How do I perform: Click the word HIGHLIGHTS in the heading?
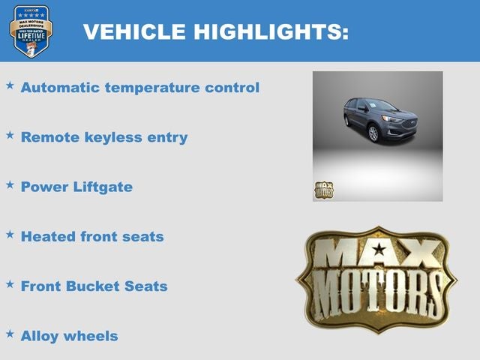pyautogui.click(x=271, y=31)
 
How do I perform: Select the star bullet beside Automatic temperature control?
pyautogui.click(x=10, y=85)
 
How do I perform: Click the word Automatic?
pyautogui.click(x=60, y=88)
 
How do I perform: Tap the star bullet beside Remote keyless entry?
pyautogui.click(x=10, y=135)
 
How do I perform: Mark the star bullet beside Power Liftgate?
pyautogui.click(x=10, y=184)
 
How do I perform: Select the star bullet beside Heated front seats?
pyautogui.click(x=10, y=234)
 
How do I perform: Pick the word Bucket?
pyautogui.click(x=94, y=286)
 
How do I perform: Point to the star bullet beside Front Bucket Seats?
pyautogui.click(x=10, y=283)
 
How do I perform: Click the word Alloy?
pyautogui.click(x=40, y=336)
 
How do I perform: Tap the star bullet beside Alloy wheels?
pyautogui.click(x=10, y=333)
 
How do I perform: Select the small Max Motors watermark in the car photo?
pyautogui.click(x=323, y=190)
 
